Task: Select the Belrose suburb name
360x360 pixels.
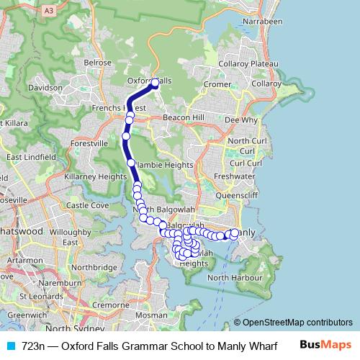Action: (x=98, y=63)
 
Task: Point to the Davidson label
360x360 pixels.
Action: (x=46, y=87)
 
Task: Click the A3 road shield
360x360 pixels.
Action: (x=48, y=12)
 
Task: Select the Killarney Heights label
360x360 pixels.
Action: (x=95, y=176)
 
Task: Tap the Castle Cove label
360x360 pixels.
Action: (x=87, y=205)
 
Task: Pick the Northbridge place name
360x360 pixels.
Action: (x=94, y=267)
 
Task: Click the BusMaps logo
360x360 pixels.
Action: (x=327, y=346)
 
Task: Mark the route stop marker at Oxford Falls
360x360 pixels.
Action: (x=155, y=83)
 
